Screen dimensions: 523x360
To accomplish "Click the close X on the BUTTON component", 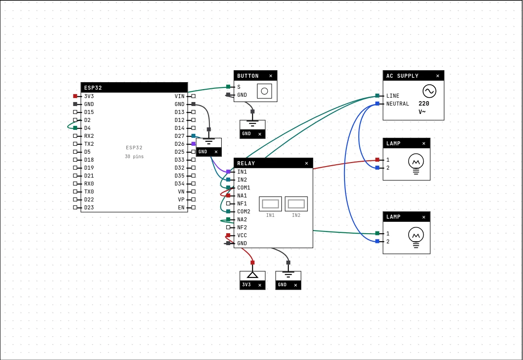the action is tap(270, 76).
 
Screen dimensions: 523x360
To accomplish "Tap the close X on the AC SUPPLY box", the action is tap(438, 76).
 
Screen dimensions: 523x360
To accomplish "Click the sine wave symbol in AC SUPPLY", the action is tap(429, 91).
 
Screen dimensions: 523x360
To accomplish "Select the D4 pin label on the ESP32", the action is tap(87, 128).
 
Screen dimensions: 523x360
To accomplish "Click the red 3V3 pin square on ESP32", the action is tap(75, 96).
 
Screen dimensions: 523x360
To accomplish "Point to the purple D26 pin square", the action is tap(193, 144).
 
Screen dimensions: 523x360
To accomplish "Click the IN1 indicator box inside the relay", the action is tap(270, 204).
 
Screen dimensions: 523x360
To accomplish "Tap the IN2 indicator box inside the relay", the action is tap(296, 204).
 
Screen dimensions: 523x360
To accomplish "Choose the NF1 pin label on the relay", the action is tap(242, 204).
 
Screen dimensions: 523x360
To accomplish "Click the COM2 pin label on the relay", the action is tap(244, 212).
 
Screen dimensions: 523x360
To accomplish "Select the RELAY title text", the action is tap(246, 163).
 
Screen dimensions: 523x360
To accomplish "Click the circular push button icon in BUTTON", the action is tap(265, 91).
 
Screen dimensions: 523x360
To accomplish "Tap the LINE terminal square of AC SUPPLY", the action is tap(377, 96).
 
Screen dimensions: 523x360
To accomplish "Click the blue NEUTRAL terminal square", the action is tap(377, 104).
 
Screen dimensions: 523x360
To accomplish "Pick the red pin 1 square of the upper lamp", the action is tap(377, 160).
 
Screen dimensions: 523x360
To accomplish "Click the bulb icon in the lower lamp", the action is tap(416, 237).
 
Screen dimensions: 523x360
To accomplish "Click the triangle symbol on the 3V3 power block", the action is tap(253, 275).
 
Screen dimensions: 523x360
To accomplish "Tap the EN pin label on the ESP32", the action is tap(181, 208).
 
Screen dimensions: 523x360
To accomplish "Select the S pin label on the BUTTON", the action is tap(239, 87).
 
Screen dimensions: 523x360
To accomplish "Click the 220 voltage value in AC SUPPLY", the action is tap(424, 103).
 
